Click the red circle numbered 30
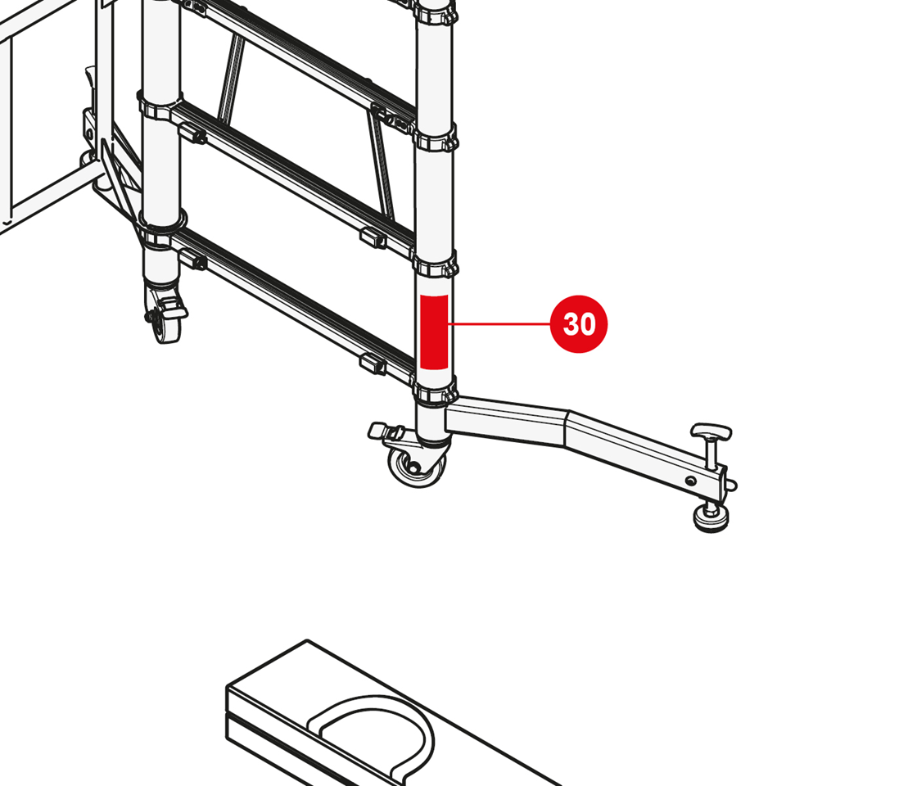coord(579,324)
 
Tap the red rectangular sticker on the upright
coord(434,332)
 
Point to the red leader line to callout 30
coord(499,323)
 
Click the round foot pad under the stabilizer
coord(711,517)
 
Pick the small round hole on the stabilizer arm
coord(691,481)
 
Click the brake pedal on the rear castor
coord(172,306)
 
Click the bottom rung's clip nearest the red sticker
coord(373,364)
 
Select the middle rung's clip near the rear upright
coord(192,133)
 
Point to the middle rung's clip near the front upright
coord(373,238)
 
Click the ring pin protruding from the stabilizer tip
coord(732,485)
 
